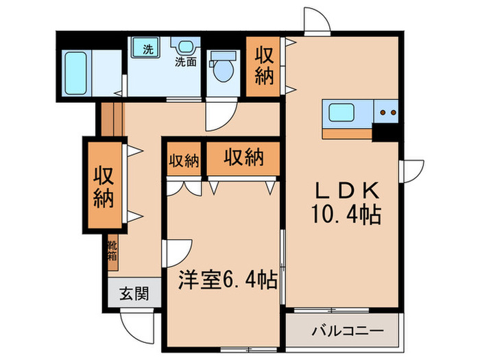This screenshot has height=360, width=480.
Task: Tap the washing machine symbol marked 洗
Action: [x=147, y=49]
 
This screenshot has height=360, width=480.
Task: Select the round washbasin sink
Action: [x=183, y=47]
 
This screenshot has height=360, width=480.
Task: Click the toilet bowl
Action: [x=222, y=69]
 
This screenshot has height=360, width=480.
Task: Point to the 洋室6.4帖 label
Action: [x=228, y=280]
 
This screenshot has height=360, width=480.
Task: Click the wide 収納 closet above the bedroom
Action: [x=243, y=158]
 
